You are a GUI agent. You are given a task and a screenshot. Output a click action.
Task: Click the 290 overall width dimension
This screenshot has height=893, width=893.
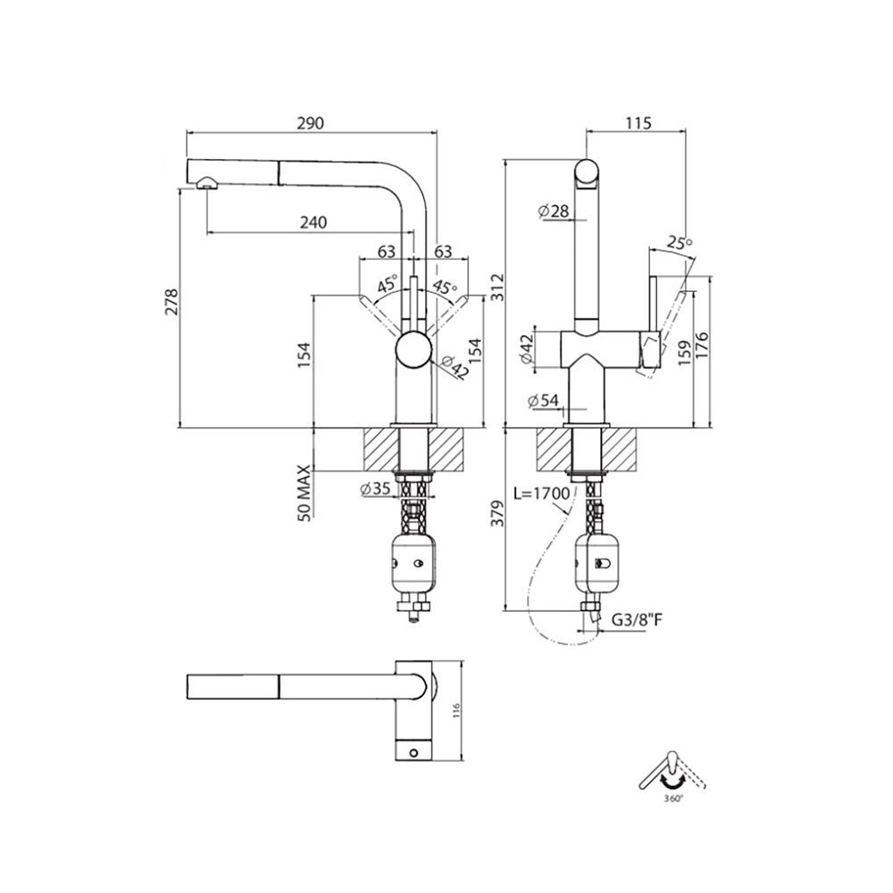point(311,122)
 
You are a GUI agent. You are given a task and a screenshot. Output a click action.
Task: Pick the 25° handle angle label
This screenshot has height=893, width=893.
point(680,242)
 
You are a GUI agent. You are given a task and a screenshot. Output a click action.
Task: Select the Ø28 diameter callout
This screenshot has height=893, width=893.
point(554,211)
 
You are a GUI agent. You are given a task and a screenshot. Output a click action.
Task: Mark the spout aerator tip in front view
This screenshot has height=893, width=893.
point(206,182)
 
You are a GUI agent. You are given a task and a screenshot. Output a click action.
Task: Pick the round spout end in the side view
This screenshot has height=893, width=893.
point(588,171)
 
